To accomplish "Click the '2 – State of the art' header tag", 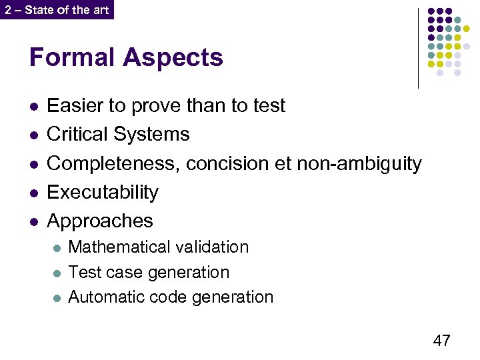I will click(57, 10).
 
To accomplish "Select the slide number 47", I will click(441, 341).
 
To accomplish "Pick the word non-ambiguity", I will click(358, 164).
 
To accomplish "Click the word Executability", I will click(103, 192).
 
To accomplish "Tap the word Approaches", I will click(100, 221).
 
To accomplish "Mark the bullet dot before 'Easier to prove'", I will click(34, 106).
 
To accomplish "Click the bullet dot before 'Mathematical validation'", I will click(57, 247).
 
